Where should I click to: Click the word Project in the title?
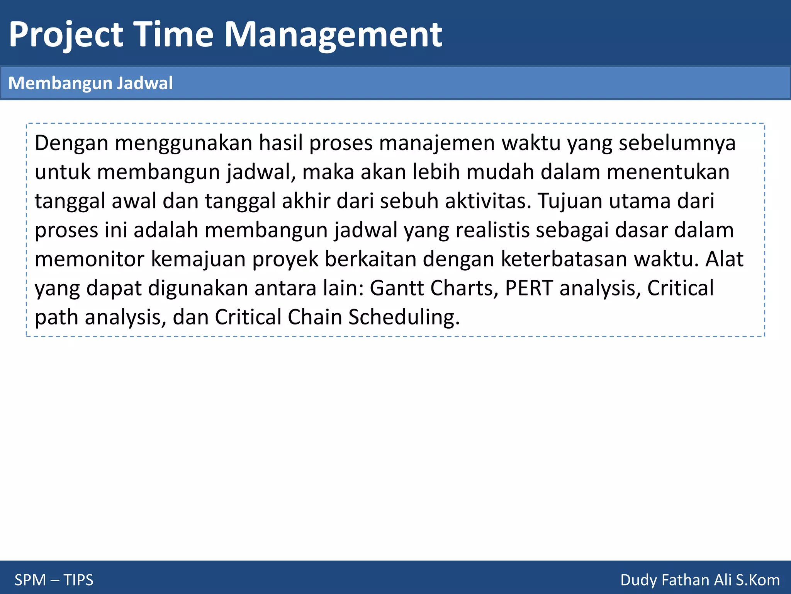(x=66, y=36)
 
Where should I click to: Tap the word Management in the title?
(x=333, y=36)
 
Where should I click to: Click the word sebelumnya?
(x=677, y=143)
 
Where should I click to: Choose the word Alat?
(x=724, y=259)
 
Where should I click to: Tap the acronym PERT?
(x=529, y=288)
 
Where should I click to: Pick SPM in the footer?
(x=30, y=580)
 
